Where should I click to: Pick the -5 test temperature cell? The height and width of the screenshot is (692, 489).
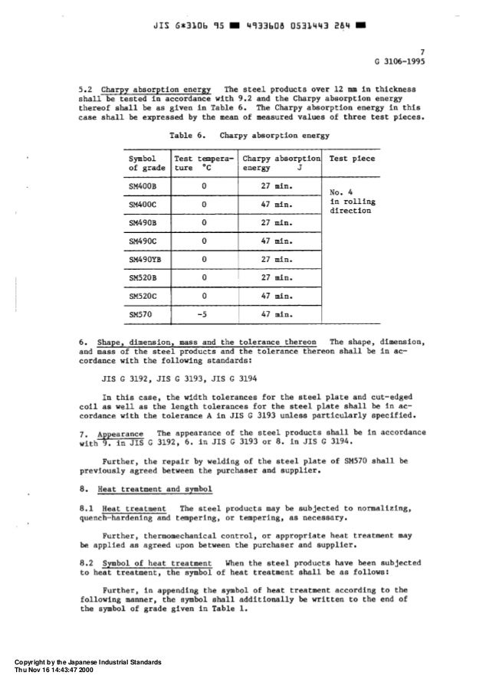tap(202, 314)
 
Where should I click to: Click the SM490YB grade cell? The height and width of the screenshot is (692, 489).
tap(146, 260)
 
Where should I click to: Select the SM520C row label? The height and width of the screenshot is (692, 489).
tap(143, 296)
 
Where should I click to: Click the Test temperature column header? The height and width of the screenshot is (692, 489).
tap(203, 162)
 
